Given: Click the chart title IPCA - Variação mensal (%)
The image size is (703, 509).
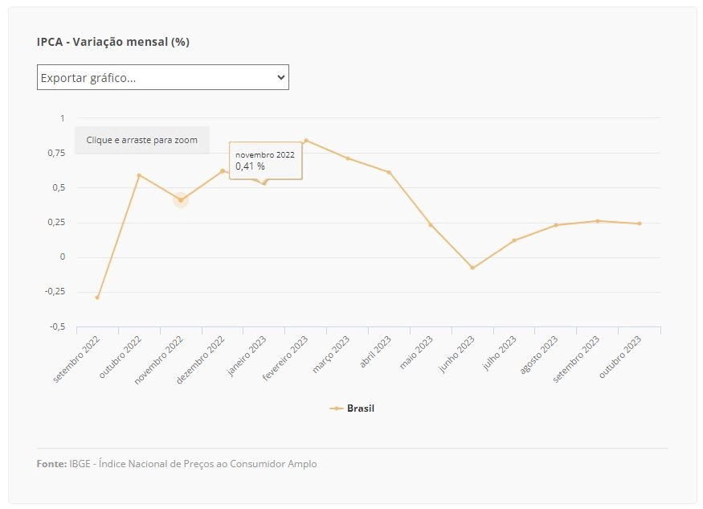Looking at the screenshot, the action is [x=113, y=42].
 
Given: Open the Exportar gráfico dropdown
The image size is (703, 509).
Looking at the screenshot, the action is [x=163, y=77].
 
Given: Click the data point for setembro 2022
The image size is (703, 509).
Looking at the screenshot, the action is [x=97, y=298].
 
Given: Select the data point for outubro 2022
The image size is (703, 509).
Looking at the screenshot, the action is [x=139, y=175].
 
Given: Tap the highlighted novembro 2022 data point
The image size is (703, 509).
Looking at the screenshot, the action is [x=181, y=200].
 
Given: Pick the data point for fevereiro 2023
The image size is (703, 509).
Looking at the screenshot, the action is [x=306, y=141].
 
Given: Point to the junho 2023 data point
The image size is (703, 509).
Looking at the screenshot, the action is [x=472, y=268].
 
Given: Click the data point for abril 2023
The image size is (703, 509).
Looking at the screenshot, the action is [x=389, y=172].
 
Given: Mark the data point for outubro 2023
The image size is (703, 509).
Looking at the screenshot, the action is [x=640, y=224].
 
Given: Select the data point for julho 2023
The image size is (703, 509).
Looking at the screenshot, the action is [x=514, y=240].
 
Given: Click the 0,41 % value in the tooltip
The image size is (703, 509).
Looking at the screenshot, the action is [x=250, y=166].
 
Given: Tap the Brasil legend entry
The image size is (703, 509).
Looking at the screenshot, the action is [x=352, y=408].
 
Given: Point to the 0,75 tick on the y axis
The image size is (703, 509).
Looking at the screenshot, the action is [x=56, y=153].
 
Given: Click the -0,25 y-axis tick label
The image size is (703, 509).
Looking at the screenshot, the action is [x=55, y=292].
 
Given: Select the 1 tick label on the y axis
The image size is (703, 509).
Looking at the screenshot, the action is [x=63, y=118].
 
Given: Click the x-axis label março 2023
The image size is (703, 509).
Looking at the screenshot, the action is [x=331, y=354].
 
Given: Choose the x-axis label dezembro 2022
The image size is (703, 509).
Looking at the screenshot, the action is [x=200, y=360].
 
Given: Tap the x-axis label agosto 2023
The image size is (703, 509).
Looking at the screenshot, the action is [x=539, y=355].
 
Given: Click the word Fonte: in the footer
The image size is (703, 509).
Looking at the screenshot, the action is [x=51, y=464].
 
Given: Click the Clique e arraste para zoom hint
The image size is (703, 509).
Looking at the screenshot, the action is [x=141, y=140].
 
